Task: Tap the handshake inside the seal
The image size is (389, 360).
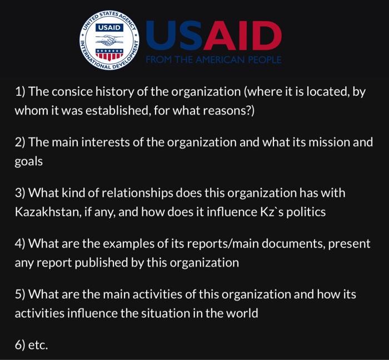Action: (109, 41)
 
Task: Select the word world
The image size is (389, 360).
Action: (242, 313)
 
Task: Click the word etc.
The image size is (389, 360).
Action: (38, 346)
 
